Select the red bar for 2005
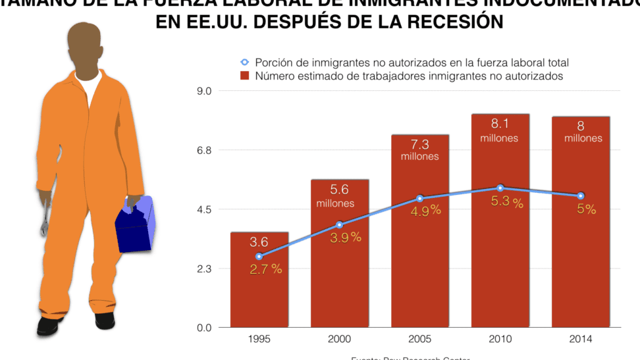point(420,263)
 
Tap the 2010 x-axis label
point(500,339)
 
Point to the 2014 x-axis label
point(581,339)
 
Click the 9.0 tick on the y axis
point(205,91)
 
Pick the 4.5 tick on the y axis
point(205,209)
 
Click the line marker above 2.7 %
point(259,257)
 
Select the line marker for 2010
point(500,188)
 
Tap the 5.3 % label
point(507,202)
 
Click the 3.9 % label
point(345,238)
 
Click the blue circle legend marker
point(245,63)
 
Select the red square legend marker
point(245,76)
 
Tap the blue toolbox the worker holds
point(134,224)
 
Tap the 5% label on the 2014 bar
point(586,210)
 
